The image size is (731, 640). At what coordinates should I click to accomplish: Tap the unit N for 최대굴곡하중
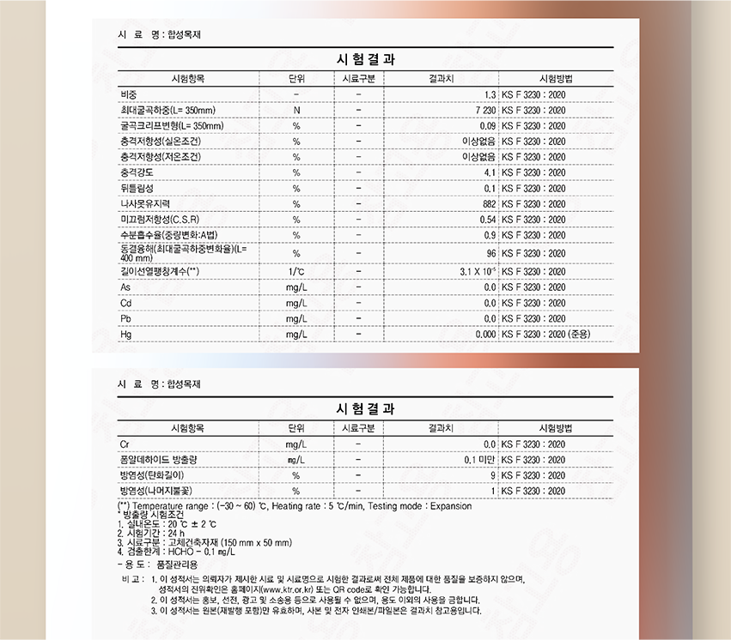point(295,110)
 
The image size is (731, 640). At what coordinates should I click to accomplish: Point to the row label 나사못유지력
point(145,203)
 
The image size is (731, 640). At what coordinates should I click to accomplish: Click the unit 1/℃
point(295,271)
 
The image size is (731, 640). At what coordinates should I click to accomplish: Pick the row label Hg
point(126,334)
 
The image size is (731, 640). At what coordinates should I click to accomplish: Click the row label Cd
point(126,303)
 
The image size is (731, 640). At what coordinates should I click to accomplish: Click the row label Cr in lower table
point(125,444)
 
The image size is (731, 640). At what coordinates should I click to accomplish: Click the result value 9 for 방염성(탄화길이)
point(493,475)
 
